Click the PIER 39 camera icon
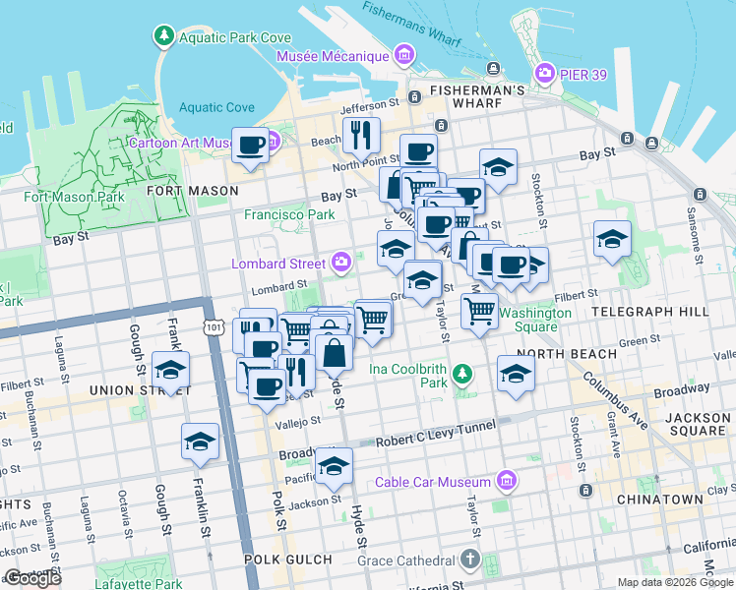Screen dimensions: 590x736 (x=544, y=73)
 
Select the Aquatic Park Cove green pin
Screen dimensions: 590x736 (x=162, y=37)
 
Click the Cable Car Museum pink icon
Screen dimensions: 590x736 (x=507, y=481)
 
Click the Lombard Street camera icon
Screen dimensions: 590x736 (x=340, y=263)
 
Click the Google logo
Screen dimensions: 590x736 (x=33, y=578)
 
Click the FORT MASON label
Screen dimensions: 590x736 (x=192, y=190)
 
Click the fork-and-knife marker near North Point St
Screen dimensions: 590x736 (x=361, y=135)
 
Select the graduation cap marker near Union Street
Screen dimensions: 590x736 (x=171, y=371)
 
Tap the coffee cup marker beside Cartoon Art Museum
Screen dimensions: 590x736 (x=250, y=146)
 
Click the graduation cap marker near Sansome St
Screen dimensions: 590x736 (x=612, y=239)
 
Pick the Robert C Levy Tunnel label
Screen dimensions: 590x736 (x=435, y=443)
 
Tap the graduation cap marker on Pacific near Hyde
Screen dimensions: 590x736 (x=334, y=466)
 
